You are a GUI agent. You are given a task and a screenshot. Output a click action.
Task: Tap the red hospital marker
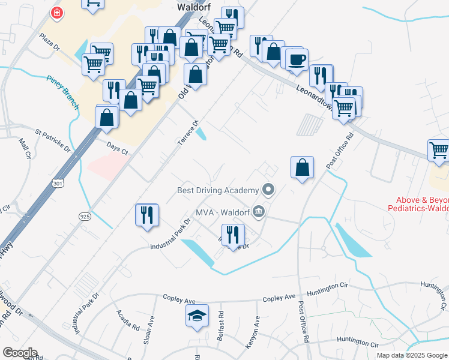[57, 13]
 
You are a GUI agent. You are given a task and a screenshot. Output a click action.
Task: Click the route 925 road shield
[83, 214]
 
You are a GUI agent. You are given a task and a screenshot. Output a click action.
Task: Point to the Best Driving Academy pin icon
[268, 191]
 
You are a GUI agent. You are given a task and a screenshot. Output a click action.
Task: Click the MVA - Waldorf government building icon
[259, 211]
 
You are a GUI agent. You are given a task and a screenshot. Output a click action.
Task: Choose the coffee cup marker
[297, 59]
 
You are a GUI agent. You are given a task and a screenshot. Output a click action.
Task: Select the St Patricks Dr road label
[53, 140]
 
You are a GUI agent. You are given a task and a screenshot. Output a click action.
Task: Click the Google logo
[20, 353]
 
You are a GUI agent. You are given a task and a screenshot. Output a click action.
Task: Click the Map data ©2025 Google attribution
[411, 355]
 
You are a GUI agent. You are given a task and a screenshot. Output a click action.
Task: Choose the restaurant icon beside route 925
[146, 215]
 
